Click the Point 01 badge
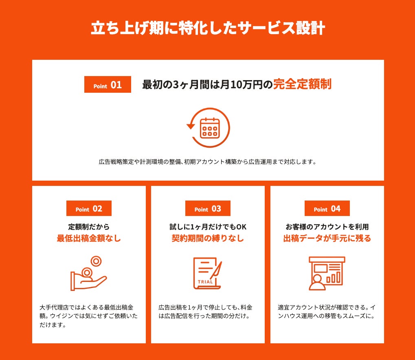tap(108, 84)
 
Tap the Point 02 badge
tap(89, 208)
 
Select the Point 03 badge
tap(208, 208)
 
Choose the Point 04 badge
tap(327, 208)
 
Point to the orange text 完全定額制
tap(302, 84)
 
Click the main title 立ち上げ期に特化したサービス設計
tap(208, 28)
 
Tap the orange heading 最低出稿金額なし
tap(89, 238)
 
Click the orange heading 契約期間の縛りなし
tap(208, 238)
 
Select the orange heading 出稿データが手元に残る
tap(327, 238)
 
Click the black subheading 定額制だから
tap(89, 227)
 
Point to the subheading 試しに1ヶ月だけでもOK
tap(208, 227)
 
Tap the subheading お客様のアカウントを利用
tap(327, 227)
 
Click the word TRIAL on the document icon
tap(205, 282)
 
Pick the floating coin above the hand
tap(96, 261)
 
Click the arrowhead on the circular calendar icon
tap(191, 127)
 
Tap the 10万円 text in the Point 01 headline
tap(248, 85)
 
